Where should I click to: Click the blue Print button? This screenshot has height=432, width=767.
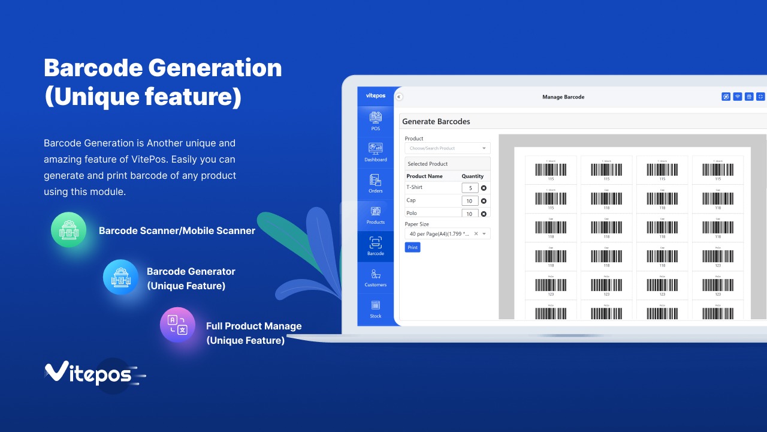pyautogui.click(x=412, y=247)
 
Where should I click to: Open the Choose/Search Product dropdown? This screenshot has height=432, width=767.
pyautogui.click(x=447, y=148)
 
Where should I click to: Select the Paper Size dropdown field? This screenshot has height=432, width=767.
pyautogui.click(x=447, y=234)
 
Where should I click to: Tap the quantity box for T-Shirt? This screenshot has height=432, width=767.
pyautogui.click(x=470, y=188)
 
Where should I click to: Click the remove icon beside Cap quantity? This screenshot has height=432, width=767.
pyautogui.click(x=484, y=201)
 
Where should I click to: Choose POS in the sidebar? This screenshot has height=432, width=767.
pyautogui.click(x=376, y=121)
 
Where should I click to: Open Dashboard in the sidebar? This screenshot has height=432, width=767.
pyautogui.click(x=376, y=152)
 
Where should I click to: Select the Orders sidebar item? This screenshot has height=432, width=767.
pyautogui.click(x=376, y=184)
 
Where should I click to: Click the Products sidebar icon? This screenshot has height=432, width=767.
pyautogui.click(x=376, y=215)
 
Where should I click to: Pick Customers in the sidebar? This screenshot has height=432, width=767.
pyautogui.click(x=376, y=277)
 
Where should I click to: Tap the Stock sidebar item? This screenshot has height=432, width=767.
pyautogui.click(x=376, y=308)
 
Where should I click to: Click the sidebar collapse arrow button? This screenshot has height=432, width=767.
pyautogui.click(x=399, y=97)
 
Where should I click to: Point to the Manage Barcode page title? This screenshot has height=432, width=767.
pyautogui.click(x=563, y=97)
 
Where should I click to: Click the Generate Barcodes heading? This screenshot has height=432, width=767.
pyautogui.click(x=436, y=122)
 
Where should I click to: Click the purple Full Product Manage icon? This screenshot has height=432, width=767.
pyautogui.click(x=177, y=325)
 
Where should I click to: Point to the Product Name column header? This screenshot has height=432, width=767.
pyautogui.click(x=424, y=176)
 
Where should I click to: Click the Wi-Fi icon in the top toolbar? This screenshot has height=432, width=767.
pyautogui.click(x=738, y=97)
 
